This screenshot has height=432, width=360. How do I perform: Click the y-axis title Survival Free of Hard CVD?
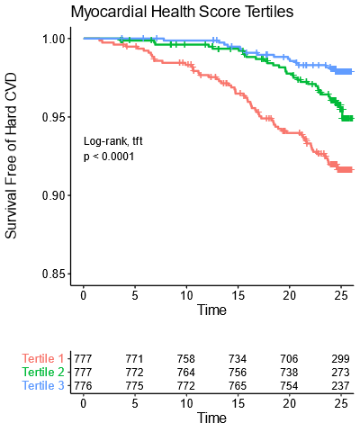point(12,156)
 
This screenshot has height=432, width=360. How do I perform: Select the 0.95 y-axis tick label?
point(53,117)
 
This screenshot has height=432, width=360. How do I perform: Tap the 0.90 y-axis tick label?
point(53,195)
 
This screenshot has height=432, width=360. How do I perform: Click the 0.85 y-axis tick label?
point(53,274)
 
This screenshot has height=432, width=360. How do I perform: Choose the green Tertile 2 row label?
point(43,373)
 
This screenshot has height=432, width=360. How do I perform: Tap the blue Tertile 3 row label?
point(43,386)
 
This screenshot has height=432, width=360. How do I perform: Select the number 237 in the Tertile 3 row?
point(340,386)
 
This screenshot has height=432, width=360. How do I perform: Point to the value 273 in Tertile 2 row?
point(340,373)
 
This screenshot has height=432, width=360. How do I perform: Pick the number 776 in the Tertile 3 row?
point(84,386)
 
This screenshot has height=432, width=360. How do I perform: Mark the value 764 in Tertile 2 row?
point(186,373)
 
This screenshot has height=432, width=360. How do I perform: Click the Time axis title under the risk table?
point(211,418)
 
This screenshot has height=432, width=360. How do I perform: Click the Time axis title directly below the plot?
point(211,310)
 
